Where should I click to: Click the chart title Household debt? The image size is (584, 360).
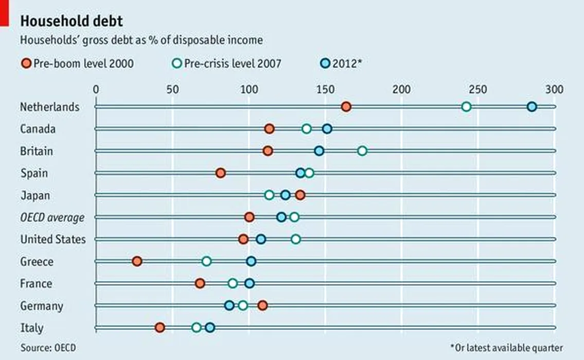pyautogui.click(x=71, y=21)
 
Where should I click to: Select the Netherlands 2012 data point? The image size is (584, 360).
pyautogui.click(x=532, y=106)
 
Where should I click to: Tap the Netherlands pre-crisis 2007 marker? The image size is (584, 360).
pyautogui.click(x=466, y=106)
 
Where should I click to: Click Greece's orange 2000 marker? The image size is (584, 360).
pyautogui.click(x=137, y=261)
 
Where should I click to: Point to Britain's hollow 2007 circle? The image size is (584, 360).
pyautogui.click(x=362, y=151)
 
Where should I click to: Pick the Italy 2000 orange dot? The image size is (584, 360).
pyautogui.click(x=160, y=328)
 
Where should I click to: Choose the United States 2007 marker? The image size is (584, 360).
pyautogui.click(x=296, y=239)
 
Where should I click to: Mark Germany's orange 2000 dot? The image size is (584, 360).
pyautogui.click(x=262, y=305)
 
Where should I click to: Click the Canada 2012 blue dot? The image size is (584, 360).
pyautogui.click(x=327, y=129)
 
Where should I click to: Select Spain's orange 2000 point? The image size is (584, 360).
pyautogui.click(x=221, y=173)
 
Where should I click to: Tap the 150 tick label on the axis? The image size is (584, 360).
pyautogui.click(x=325, y=89)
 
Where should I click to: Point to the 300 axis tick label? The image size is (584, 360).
pyautogui.click(x=555, y=89)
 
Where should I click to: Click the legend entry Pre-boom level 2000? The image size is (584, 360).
pyautogui.click(x=77, y=64)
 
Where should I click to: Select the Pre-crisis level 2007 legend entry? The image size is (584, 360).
pyautogui.click(x=226, y=64)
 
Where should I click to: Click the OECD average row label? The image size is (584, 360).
pyautogui.click(x=52, y=218)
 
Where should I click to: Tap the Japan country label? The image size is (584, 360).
pyautogui.click(x=35, y=195)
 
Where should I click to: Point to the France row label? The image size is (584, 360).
pyautogui.click(x=36, y=283)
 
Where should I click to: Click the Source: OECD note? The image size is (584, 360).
pyautogui.click(x=48, y=348)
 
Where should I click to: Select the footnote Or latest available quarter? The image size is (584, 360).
pyautogui.click(x=506, y=348)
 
